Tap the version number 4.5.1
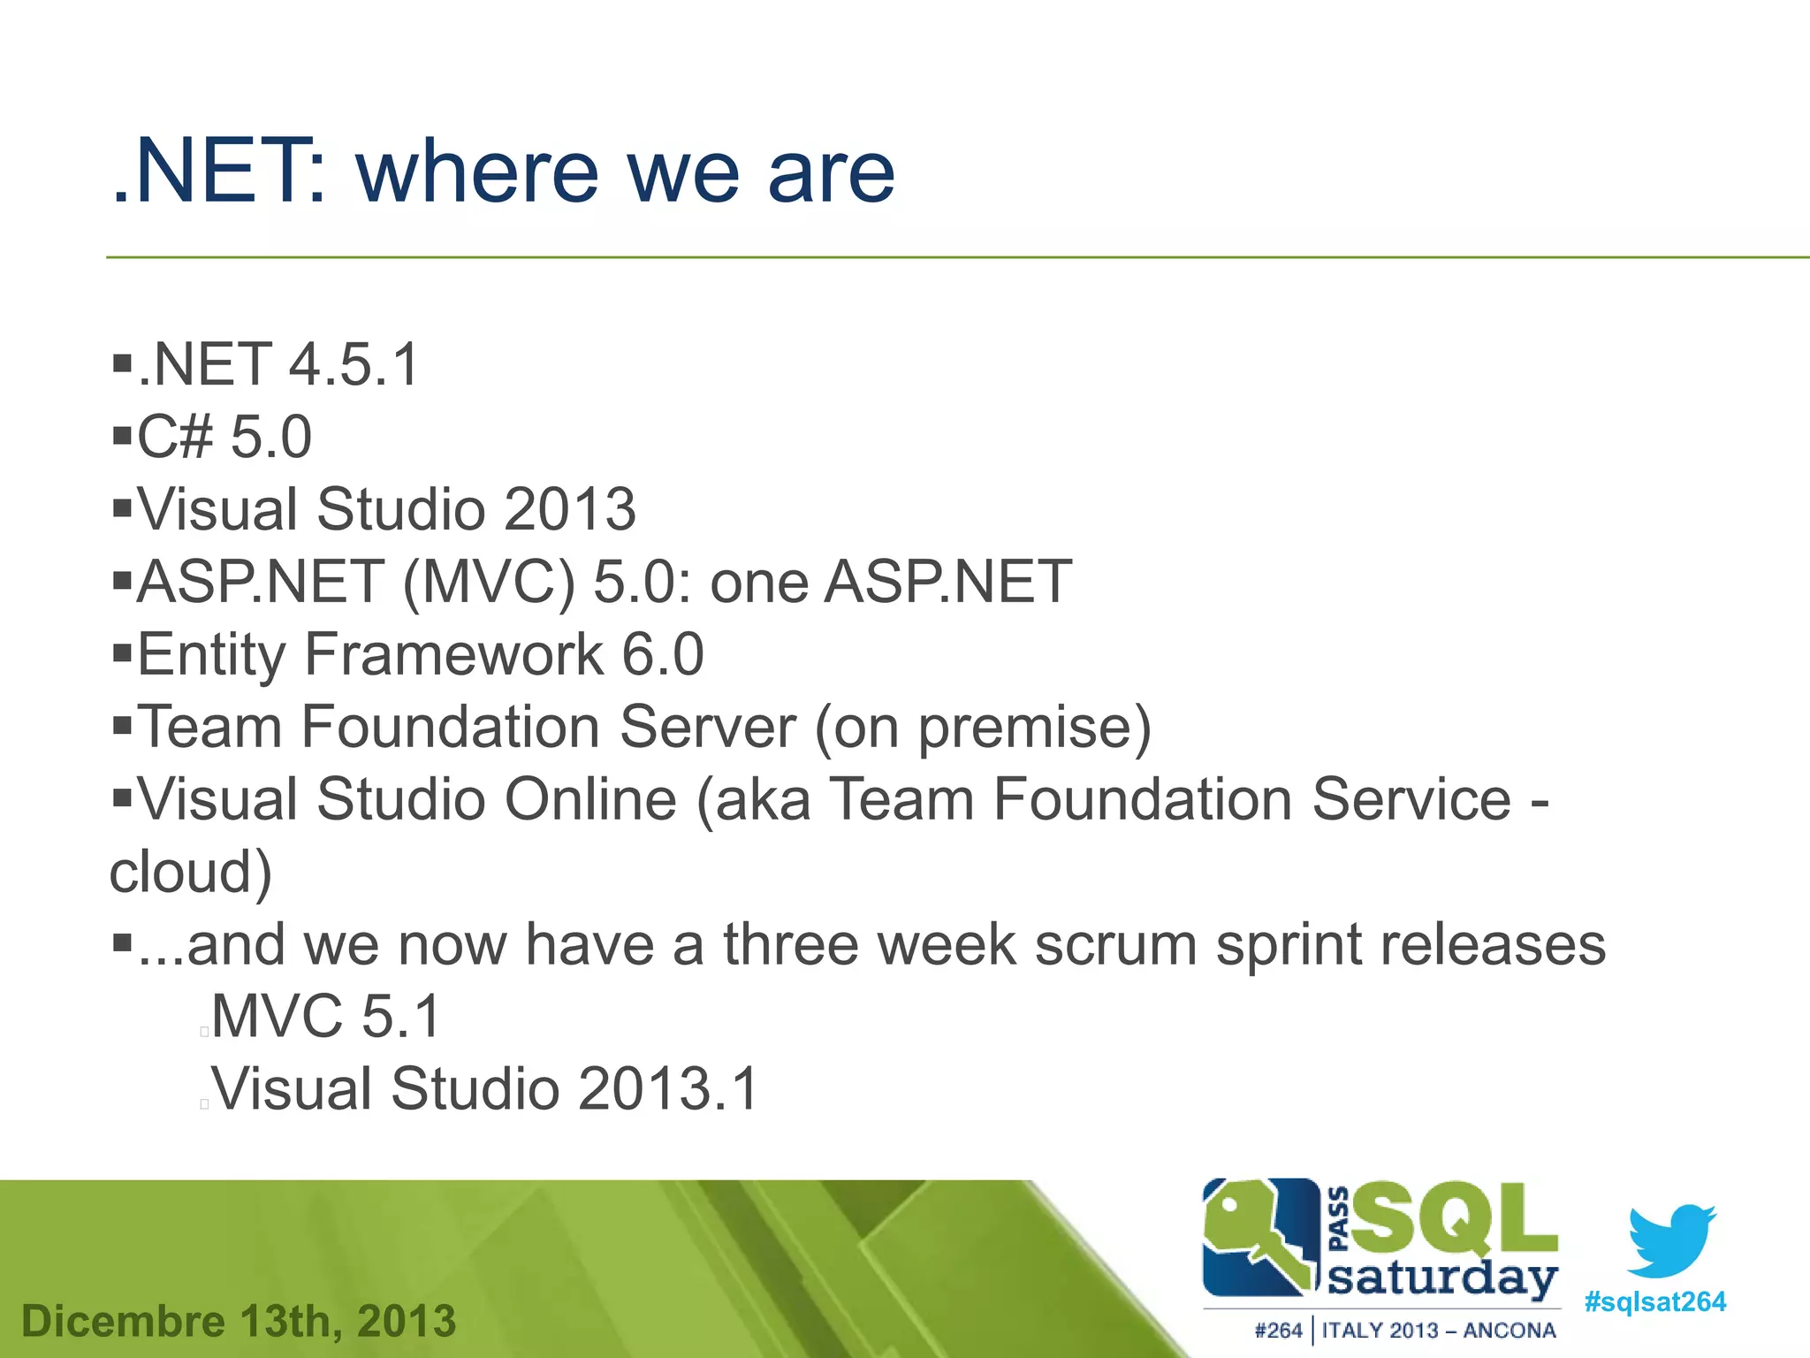tap(354, 364)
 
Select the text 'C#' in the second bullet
tap(175, 437)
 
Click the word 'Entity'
tap(211, 655)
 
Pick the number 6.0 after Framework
tap(663, 654)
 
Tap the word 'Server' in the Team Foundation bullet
tap(707, 727)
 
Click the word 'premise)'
tap(1034, 729)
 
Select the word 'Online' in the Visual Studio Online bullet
tap(590, 799)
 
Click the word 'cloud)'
tap(190, 873)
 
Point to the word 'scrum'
tap(1115, 944)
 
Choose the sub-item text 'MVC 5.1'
tap(325, 1016)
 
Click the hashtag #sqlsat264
tap(1654, 1302)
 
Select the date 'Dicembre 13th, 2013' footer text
tap(239, 1322)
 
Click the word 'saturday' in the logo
tap(1442, 1278)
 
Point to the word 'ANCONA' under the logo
tap(1509, 1331)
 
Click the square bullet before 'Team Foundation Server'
tap(122, 727)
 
